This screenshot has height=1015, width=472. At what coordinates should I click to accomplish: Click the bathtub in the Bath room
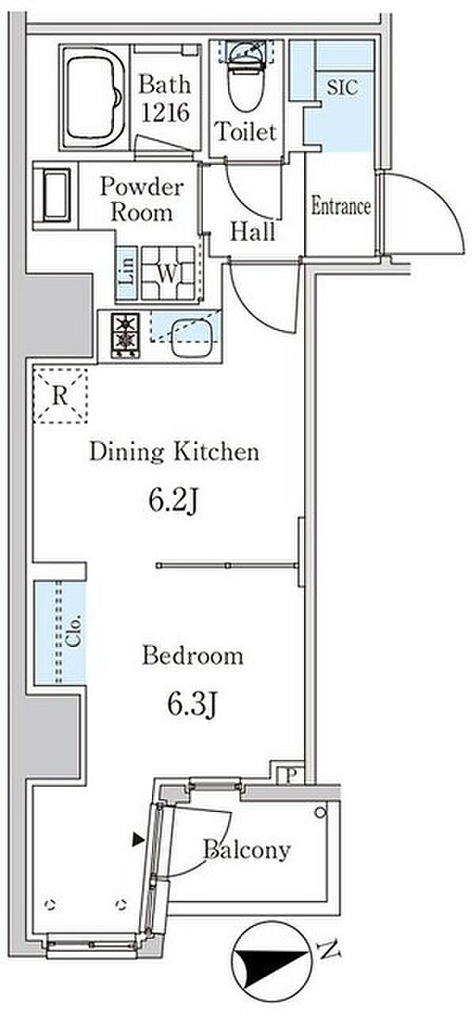(94, 97)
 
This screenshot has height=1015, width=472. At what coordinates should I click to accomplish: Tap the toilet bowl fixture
(246, 75)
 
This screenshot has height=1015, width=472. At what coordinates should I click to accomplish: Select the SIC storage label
(343, 87)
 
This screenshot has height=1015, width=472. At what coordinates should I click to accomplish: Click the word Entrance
(341, 206)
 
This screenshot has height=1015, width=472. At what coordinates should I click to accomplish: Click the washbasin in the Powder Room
(56, 194)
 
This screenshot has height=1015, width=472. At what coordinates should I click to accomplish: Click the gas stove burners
(125, 335)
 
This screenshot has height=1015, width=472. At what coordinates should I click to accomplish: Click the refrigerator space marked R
(60, 396)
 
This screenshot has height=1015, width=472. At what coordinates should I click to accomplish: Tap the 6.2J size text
(173, 502)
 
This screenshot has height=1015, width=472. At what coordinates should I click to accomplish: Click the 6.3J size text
(192, 706)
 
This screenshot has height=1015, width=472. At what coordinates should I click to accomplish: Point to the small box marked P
(291, 776)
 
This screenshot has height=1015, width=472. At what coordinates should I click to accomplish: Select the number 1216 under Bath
(165, 113)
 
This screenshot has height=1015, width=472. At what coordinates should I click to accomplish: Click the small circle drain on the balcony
(320, 813)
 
